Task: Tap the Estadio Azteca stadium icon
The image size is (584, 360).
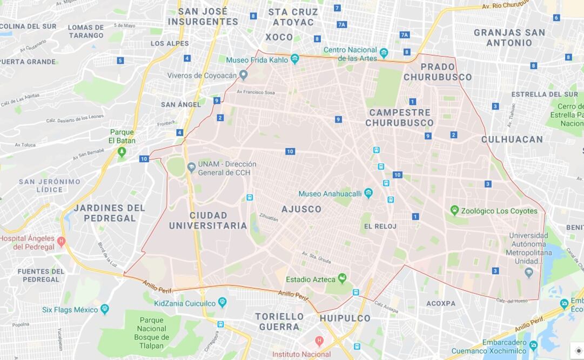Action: (342, 278)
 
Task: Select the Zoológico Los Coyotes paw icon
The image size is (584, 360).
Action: (455, 210)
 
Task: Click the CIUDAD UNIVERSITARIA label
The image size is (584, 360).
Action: (208, 221)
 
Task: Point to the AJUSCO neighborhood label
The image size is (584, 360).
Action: (301, 209)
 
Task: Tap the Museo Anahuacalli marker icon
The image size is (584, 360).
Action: (368, 193)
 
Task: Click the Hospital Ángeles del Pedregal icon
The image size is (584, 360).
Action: (61, 242)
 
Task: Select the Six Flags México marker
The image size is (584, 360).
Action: (105, 309)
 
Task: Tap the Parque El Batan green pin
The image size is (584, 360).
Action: (122, 151)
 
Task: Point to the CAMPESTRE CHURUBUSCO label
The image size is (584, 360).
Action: (399, 118)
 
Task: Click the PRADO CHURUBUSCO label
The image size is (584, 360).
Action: (438, 72)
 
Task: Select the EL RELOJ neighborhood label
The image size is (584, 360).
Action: (380, 226)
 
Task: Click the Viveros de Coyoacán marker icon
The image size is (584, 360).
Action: (244, 75)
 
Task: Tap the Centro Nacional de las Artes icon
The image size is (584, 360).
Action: (384, 53)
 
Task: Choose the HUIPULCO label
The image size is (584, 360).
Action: (345, 318)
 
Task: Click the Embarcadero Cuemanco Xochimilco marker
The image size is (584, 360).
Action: (533, 345)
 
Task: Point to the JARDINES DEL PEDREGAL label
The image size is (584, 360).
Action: (110, 213)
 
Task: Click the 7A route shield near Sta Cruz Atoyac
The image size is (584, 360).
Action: (341, 24)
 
